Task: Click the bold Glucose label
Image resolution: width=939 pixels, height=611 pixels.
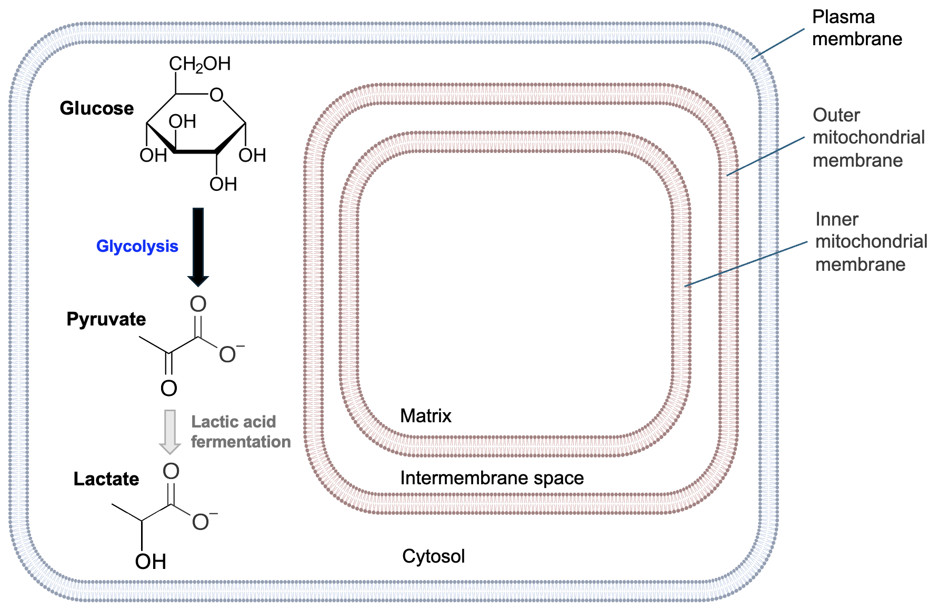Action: pos(97,108)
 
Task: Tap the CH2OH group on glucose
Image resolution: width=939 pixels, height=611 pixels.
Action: pos(199,64)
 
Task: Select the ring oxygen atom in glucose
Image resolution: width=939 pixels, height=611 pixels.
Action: pos(216,95)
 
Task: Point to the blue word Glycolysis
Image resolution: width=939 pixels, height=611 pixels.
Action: pos(137,246)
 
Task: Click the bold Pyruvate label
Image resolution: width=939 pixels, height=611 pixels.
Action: pos(106,319)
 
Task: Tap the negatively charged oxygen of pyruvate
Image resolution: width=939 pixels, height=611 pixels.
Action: pos(228,355)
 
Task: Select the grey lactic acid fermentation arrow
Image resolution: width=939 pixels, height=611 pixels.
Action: pos(170,431)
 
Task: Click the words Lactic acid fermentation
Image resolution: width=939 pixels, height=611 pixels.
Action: pos(240,432)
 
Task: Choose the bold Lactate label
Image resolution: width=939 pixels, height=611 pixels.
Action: pos(106,479)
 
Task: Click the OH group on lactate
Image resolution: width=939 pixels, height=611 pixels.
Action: pos(151,562)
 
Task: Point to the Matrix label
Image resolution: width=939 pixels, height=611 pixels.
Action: pos(425,416)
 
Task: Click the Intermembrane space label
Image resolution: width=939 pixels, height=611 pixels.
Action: pos(492,478)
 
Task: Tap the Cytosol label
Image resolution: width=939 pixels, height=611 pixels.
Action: pos(433,556)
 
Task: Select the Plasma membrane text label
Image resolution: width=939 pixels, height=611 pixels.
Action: pos(856,28)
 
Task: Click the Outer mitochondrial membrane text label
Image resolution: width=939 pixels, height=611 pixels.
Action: pos(868,137)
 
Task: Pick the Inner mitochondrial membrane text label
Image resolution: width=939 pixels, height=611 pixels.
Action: pos(871,241)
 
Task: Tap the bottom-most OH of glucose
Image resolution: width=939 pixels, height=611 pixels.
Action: pos(223,185)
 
